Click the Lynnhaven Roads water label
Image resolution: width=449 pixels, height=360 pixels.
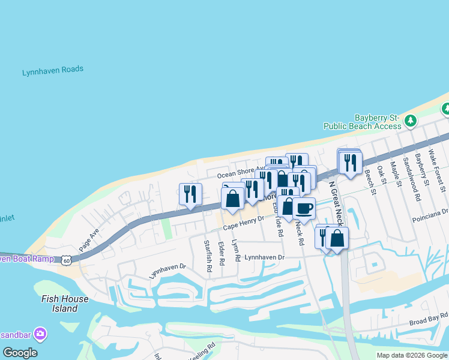click(53, 71)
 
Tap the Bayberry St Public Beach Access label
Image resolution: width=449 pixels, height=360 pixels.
click(362, 122)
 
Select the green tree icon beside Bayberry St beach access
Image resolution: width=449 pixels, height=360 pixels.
click(411, 121)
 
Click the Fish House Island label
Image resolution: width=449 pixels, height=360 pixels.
click(65, 304)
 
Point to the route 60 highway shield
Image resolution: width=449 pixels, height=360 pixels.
click(66, 260)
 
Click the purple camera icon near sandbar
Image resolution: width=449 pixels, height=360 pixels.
click(40, 333)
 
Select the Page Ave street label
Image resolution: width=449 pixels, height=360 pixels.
click(88, 239)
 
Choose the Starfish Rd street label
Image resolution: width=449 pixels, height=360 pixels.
click(208, 256)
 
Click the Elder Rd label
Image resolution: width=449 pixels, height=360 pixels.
click(221, 253)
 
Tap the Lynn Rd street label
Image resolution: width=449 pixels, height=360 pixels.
click(236, 250)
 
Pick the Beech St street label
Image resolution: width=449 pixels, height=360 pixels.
click(369, 182)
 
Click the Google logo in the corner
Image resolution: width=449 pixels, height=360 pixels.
click(20, 353)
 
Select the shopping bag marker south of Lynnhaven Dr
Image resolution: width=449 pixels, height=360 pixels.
click(337, 238)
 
